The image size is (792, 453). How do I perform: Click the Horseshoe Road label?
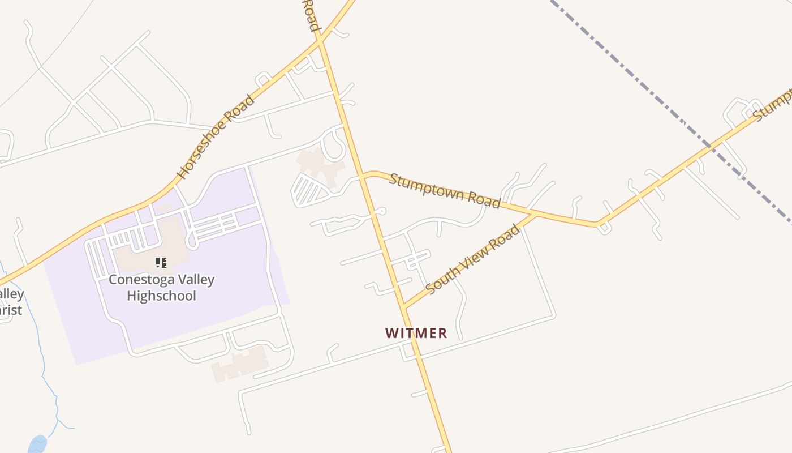pyautogui.click(x=216, y=137)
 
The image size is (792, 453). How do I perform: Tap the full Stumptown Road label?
pyautogui.click(x=445, y=191)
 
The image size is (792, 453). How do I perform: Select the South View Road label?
pyautogui.click(x=473, y=259)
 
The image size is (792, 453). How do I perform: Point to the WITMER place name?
pyautogui.click(x=416, y=333)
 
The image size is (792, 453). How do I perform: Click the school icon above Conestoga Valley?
pyautogui.click(x=161, y=263)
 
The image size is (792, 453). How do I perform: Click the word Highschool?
pyautogui.click(x=161, y=296)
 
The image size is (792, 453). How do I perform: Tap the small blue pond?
pyautogui.click(x=37, y=444)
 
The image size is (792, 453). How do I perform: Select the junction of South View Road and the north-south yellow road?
pyautogui.click(x=405, y=308)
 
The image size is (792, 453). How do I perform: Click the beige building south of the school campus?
pyautogui.click(x=240, y=364)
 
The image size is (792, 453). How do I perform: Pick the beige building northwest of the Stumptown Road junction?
pyautogui.click(x=320, y=165)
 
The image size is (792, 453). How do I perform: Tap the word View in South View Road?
pyautogui.click(x=474, y=259)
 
